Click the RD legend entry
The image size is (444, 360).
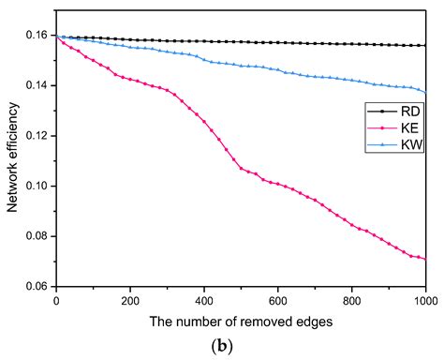point(391,109)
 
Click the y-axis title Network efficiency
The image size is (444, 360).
point(12,161)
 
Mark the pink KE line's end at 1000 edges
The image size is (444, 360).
point(425,259)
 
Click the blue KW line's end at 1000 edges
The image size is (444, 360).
point(425,93)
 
